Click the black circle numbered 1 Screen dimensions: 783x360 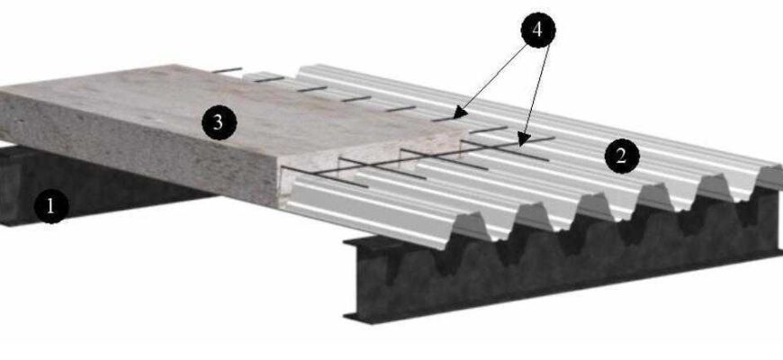[x=51, y=206]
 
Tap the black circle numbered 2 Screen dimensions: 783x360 [x=622, y=157]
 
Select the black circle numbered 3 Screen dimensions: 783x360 [x=219, y=122]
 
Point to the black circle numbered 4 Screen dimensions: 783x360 [x=538, y=30]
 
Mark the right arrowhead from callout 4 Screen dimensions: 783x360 [x=524, y=139]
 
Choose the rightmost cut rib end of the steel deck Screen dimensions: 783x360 [x=769, y=176]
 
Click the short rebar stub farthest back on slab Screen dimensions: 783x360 [x=227, y=70]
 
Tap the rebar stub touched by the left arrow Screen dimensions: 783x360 [x=445, y=119]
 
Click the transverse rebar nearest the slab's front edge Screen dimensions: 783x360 [x=325, y=176]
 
